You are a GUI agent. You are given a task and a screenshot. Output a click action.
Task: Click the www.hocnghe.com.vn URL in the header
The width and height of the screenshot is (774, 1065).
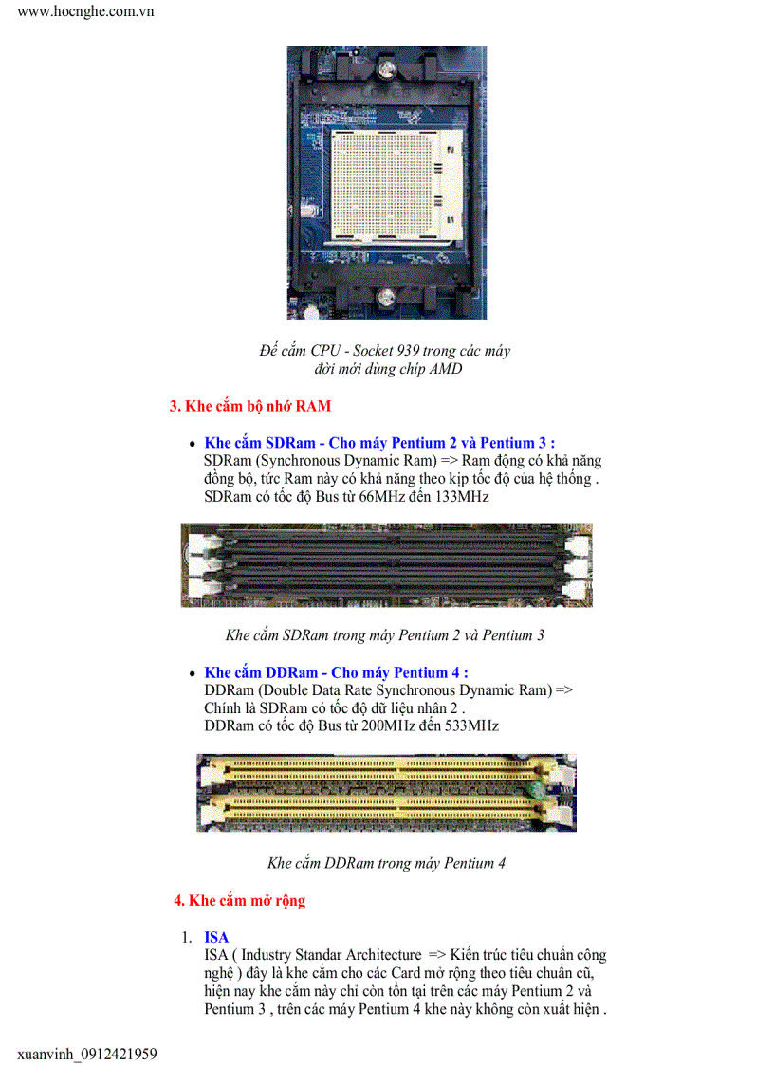point(85,12)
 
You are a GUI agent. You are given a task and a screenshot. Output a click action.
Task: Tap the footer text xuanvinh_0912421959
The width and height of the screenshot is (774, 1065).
point(86,1054)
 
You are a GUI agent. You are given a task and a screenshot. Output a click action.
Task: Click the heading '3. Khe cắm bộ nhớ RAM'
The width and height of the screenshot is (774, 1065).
point(250,406)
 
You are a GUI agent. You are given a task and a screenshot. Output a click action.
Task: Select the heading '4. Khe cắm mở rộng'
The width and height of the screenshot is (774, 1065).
point(239,900)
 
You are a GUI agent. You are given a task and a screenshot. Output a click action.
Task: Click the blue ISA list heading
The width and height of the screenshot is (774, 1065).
point(216,937)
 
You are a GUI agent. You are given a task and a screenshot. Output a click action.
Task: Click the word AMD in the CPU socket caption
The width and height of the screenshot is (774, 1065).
point(445,369)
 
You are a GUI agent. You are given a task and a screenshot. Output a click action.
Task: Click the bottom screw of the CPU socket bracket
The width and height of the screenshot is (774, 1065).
point(386,298)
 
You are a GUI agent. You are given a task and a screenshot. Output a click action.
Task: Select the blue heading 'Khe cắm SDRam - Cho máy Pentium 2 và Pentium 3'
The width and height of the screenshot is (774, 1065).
point(379,443)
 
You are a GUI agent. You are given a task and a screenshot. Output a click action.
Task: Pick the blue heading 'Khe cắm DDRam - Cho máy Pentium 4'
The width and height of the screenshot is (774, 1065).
point(336,672)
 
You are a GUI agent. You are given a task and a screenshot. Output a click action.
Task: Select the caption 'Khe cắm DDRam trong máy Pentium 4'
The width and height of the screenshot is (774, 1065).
point(386,863)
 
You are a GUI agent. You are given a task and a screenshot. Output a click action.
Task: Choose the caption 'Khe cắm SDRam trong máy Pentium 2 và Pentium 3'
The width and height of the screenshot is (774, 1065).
point(384,634)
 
